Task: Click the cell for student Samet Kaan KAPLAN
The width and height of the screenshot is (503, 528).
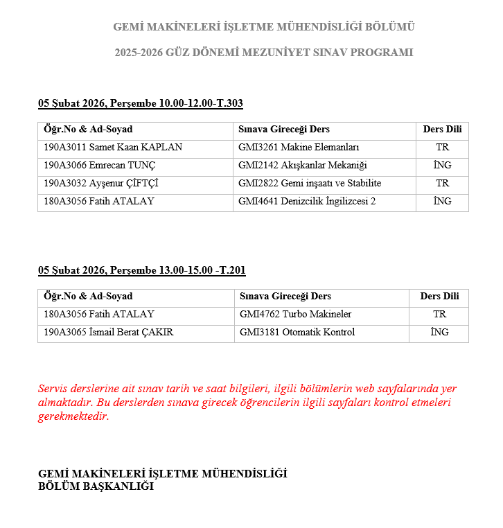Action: tap(113, 148)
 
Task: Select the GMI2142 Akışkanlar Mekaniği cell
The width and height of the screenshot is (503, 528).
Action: tap(302, 166)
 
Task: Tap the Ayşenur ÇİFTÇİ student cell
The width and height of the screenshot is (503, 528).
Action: tap(101, 184)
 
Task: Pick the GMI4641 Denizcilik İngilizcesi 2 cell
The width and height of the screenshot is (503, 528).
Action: tap(306, 202)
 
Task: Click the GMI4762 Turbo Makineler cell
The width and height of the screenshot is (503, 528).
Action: tap(296, 315)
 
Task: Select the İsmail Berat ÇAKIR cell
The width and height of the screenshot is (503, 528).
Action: tap(108, 333)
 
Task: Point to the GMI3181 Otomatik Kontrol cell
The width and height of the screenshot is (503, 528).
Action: tap(297, 333)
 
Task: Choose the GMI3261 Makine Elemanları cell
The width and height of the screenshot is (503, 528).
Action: tap(299, 148)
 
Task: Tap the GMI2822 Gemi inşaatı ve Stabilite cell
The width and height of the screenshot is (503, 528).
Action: tap(310, 184)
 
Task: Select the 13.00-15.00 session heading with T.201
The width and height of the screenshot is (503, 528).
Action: tap(142, 271)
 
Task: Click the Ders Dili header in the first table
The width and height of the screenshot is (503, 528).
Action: tap(442, 130)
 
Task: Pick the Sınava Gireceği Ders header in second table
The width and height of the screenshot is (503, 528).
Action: tap(285, 297)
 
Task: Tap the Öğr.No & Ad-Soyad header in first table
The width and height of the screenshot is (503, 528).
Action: tap(88, 130)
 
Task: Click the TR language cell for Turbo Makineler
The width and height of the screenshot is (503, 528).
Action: tap(439, 315)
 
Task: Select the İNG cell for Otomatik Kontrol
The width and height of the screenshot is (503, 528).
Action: tap(439, 333)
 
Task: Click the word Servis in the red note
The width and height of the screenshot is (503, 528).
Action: tap(52, 389)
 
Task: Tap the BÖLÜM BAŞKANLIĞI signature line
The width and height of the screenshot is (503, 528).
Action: tap(96, 486)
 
